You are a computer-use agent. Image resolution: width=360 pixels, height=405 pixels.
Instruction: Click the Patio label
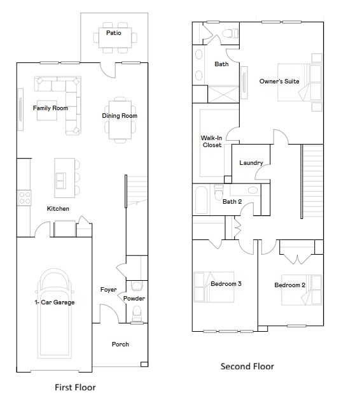tap(114, 32)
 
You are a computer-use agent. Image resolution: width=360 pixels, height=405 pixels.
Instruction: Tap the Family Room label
tap(50, 108)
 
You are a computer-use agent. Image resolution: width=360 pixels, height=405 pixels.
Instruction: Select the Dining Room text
tap(120, 116)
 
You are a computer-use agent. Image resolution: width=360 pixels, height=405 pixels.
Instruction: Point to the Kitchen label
tap(58, 209)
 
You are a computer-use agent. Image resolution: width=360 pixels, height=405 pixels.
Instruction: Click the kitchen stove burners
tap(24, 198)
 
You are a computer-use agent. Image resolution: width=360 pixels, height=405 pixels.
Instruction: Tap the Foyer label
tap(108, 290)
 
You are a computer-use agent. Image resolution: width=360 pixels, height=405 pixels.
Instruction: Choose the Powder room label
tap(134, 299)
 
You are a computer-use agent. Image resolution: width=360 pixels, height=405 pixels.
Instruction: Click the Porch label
tap(120, 345)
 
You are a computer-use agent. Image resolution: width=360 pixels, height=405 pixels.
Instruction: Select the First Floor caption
tap(75, 387)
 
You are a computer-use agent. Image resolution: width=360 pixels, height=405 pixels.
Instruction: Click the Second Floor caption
tap(247, 366)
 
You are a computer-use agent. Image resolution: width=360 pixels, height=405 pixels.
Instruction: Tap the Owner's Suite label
tap(279, 82)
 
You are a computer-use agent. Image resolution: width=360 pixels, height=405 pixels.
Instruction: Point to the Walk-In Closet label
tap(211, 141)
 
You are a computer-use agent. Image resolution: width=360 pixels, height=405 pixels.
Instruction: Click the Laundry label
tap(251, 163)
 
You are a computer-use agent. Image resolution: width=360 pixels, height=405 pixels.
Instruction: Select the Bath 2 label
tap(232, 202)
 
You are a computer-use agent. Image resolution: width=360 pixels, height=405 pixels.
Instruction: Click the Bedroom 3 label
tap(226, 283)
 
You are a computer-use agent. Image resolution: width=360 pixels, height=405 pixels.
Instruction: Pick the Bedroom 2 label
tap(290, 285)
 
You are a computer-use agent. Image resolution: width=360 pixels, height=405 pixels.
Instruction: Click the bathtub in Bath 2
tap(202, 200)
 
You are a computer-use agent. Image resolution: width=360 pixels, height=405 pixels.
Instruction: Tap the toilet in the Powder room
tap(135, 314)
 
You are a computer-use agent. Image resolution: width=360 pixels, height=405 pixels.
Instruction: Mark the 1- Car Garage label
tap(54, 302)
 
